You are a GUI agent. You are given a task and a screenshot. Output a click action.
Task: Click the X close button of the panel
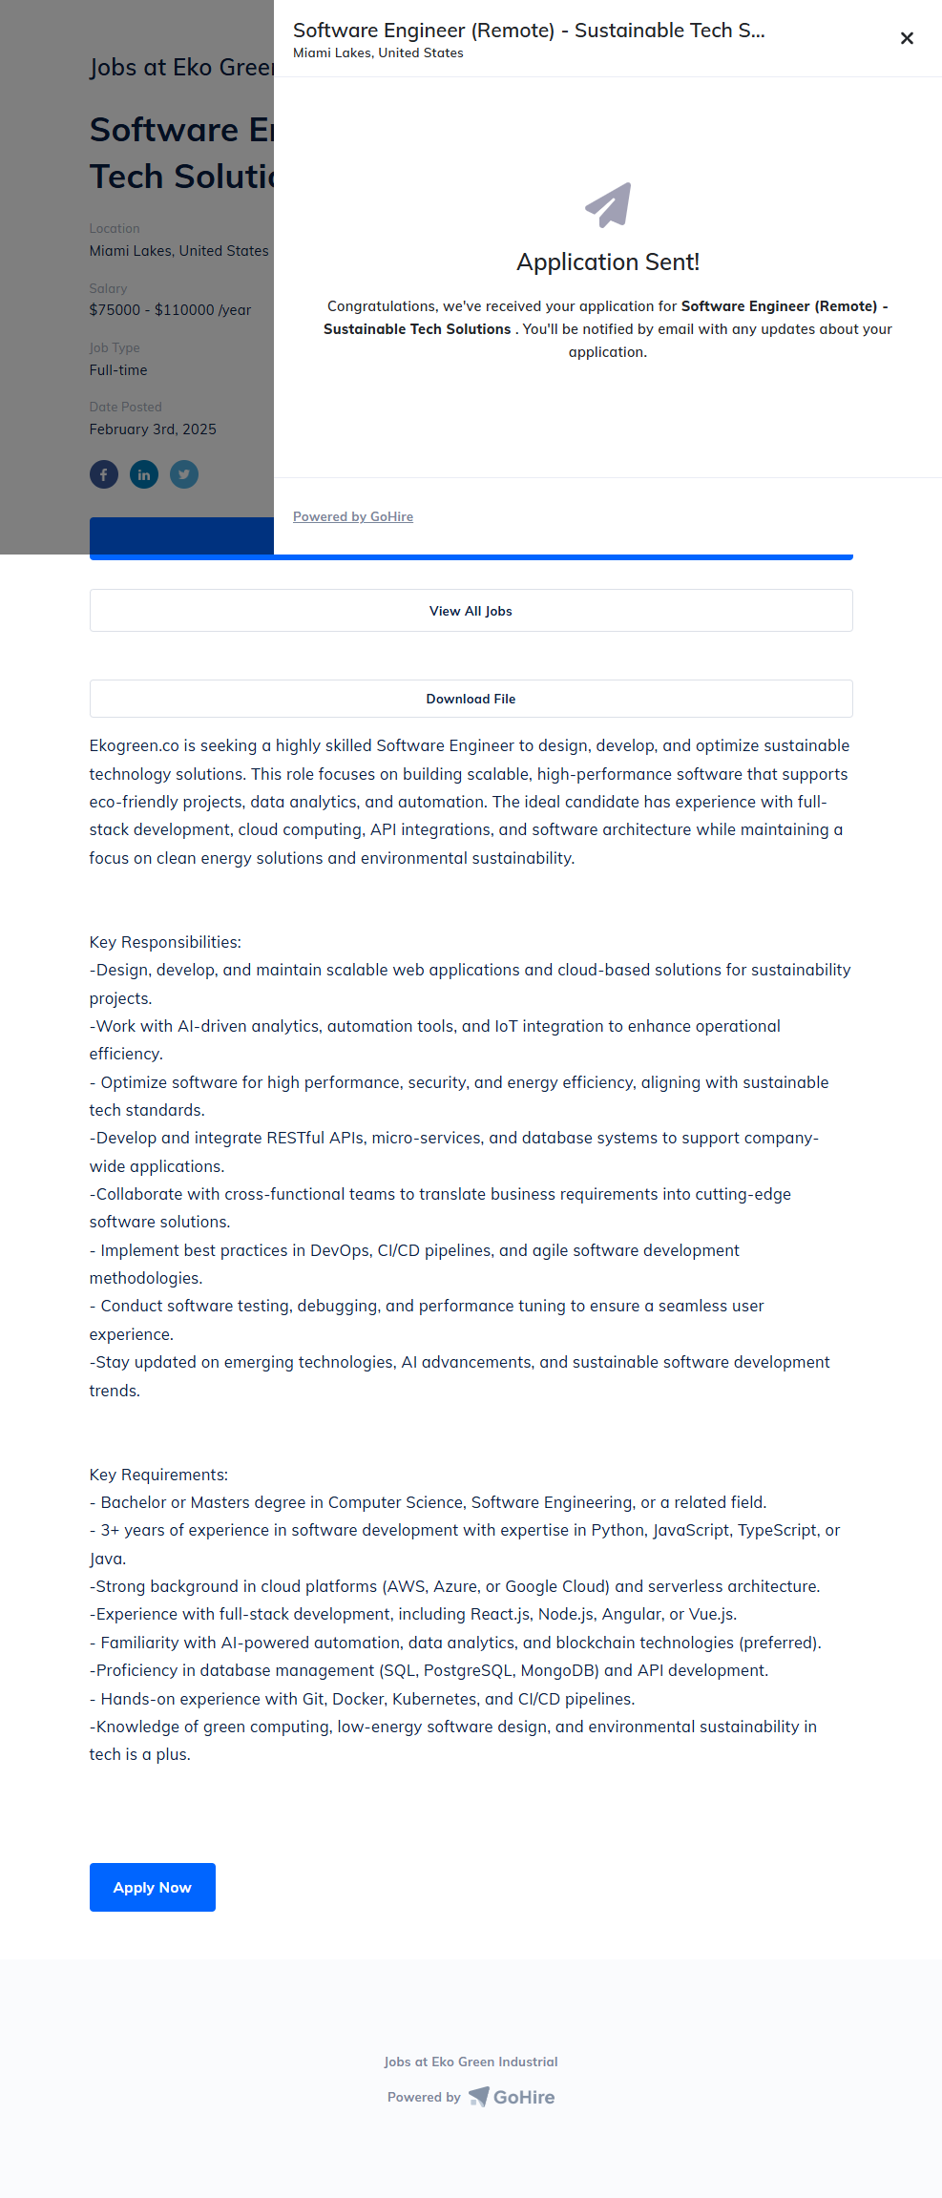click(x=907, y=38)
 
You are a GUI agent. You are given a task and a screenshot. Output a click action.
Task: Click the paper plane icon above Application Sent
click(x=608, y=204)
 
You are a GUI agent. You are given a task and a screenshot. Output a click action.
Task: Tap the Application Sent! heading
click(x=608, y=262)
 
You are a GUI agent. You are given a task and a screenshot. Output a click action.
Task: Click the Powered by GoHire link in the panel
click(x=353, y=516)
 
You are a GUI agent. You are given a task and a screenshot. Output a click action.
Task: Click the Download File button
click(x=471, y=699)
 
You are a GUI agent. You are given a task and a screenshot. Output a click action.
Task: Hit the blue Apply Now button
click(x=153, y=1887)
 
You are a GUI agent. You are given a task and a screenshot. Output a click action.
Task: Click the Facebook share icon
click(x=104, y=474)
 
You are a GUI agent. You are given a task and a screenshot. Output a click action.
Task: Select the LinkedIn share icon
click(x=144, y=474)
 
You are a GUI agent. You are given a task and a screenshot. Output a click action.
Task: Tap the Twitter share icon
click(x=184, y=474)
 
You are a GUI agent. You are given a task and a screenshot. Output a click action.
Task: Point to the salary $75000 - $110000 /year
click(x=170, y=310)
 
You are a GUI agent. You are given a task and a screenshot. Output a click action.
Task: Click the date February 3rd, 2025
click(x=153, y=429)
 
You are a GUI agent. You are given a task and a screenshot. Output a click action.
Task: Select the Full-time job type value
click(x=118, y=370)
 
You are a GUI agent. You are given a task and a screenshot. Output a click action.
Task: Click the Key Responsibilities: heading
click(x=165, y=942)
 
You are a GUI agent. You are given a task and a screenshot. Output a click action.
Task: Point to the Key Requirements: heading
click(x=158, y=1475)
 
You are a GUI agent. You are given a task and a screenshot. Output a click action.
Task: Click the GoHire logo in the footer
click(x=513, y=2097)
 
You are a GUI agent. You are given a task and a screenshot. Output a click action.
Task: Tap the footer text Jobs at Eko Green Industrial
click(x=471, y=2062)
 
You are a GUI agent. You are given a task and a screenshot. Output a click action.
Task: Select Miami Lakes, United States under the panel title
click(x=378, y=53)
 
